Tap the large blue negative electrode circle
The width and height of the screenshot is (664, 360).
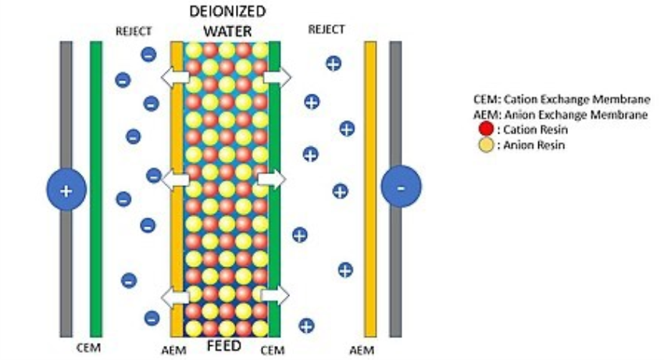pos(401,187)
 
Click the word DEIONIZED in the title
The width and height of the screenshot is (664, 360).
pos(227,12)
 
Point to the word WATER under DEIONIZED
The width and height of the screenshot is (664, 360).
pos(227,31)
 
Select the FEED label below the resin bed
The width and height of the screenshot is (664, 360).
pos(224,346)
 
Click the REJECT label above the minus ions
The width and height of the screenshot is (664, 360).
pos(134,31)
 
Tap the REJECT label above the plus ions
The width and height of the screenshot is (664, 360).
pos(327,30)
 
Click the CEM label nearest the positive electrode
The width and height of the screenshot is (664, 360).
pos(88,348)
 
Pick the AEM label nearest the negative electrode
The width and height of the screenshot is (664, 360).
pos(362,351)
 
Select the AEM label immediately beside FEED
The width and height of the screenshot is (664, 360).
pos(173,351)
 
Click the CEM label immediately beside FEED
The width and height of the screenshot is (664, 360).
pos(273,351)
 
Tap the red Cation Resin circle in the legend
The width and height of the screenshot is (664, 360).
pos(486,129)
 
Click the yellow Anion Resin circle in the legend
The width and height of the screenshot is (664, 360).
pos(486,144)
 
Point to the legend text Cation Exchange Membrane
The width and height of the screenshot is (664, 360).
pos(577,99)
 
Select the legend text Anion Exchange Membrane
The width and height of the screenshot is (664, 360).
pos(576,115)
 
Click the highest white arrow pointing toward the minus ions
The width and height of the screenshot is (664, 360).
pos(175,77)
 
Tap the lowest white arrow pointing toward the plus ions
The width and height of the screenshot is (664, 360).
pos(275,294)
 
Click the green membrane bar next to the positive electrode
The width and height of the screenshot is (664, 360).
pos(96,189)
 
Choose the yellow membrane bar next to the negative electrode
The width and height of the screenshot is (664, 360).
pos(370,189)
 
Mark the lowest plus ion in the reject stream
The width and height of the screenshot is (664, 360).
pos(306,326)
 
